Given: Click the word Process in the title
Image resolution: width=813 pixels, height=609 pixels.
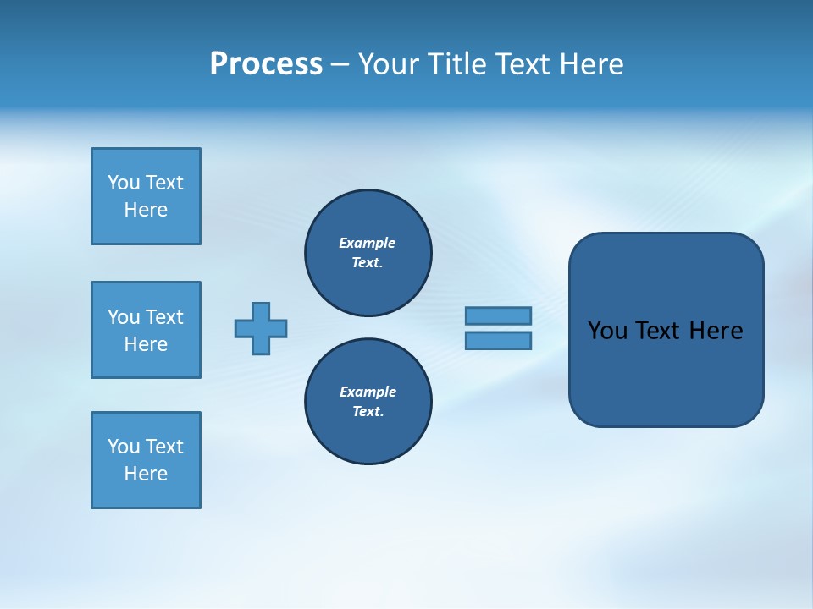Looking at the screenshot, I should [266, 64].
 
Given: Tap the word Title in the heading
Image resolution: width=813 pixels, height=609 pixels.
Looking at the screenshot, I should [455, 64].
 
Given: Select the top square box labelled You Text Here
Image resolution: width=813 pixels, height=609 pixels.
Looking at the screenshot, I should [146, 196].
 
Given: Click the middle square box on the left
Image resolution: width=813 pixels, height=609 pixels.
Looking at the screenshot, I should [146, 330].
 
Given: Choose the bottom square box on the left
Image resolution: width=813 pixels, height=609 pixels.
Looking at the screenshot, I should [146, 460].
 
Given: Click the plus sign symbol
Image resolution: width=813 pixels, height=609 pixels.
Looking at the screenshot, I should [261, 328].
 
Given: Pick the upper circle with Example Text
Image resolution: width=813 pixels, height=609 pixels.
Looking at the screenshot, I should [368, 253].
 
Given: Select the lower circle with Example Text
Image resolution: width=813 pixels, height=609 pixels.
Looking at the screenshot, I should [368, 402].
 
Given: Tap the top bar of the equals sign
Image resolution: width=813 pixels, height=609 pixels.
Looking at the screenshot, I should [498, 315].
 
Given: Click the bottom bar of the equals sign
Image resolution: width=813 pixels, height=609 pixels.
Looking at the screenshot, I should [498, 341].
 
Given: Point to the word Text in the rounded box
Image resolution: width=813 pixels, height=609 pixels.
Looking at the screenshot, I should [657, 331].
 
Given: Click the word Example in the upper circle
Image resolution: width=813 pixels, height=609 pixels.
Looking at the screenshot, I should [367, 243].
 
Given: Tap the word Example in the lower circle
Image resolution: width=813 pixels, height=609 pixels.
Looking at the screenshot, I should [368, 392].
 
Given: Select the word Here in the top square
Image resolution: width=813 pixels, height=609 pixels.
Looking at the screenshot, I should [146, 210].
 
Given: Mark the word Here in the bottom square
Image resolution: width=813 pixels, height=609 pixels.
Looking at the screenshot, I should [146, 474].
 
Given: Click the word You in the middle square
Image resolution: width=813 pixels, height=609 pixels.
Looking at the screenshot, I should [123, 317].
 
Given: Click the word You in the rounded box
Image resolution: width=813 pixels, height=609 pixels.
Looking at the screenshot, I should [606, 331].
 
